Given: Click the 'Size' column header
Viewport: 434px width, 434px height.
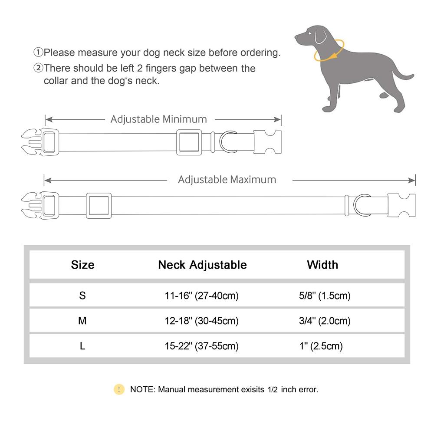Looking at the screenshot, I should (x=82, y=264).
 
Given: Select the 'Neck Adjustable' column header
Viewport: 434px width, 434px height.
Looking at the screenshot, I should (x=202, y=264).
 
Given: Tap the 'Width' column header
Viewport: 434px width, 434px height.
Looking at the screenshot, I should (x=322, y=264).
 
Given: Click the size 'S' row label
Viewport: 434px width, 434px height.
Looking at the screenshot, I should (x=82, y=296).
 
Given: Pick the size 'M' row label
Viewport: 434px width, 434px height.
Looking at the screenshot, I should (x=82, y=321).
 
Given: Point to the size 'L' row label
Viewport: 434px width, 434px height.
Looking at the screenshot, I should (x=82, y=346).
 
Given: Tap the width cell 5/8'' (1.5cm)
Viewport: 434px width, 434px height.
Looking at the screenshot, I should (x=322, y=296).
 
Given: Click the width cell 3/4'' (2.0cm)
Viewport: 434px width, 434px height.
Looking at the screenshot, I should (x=322, y=321).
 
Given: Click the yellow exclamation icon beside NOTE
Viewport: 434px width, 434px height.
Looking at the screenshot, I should (x=119, y=389).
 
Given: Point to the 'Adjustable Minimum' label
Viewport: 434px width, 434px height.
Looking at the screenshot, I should (x=158, y=119).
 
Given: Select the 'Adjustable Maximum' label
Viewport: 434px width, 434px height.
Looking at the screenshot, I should (x=227, y=179).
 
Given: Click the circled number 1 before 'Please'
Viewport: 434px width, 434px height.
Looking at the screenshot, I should (x=39, y=53).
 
